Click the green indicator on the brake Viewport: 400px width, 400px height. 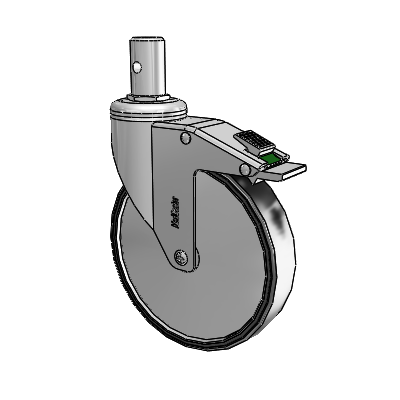[271, 155]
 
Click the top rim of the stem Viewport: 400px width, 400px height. [150, 40]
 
